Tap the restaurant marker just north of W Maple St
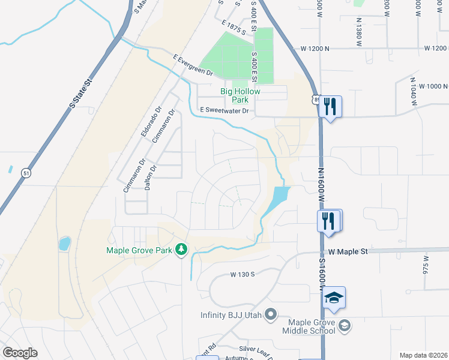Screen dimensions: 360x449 [x=329, y=221]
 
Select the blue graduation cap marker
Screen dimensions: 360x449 [x=333, y=298]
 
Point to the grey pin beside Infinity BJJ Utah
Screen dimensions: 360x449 [x=271, y=314]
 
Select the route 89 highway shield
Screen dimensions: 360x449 [x=316, y=99]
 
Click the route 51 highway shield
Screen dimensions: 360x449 [x=26, y=173]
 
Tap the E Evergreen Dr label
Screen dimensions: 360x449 [x=193, y=65]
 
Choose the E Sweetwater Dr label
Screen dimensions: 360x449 [x=224, y=110]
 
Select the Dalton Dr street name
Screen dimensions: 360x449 [x=149, y=178]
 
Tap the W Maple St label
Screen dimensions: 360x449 [x=348, y=253]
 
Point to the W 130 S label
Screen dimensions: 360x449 [x=243, y=275]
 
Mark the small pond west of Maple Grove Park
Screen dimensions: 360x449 [x=64, y=244]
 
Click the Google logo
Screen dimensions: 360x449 [x=20, y=353]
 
